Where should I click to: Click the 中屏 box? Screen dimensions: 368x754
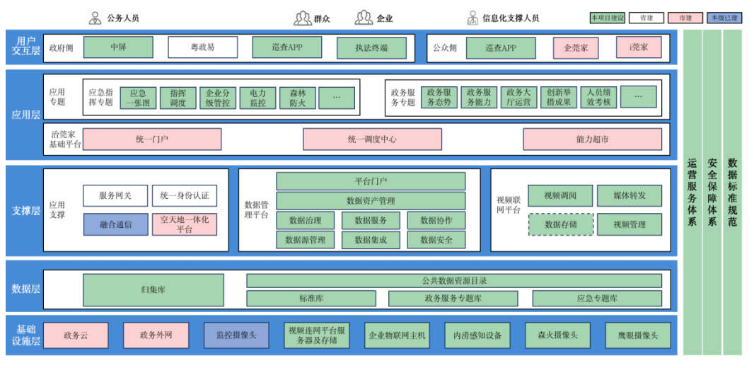click(x=118, y=47)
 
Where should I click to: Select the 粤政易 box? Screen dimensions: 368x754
click(x=202, y=47)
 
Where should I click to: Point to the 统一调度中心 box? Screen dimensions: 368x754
click(x=372, y=139)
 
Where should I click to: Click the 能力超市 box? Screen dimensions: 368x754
click(x=592, y=139)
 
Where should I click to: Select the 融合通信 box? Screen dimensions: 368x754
click(x=115, y=224)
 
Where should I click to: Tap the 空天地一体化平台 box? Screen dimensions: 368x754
click(x=184, y=224)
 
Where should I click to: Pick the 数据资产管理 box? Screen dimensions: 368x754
click(x=371, y=201)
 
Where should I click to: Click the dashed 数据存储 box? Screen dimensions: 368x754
click(x=559, y=224)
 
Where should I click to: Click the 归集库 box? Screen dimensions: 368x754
click(x=153, y=290)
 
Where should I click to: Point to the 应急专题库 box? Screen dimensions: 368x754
click(x=596, y=299)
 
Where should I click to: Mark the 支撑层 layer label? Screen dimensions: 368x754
click(x=25, y=210)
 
